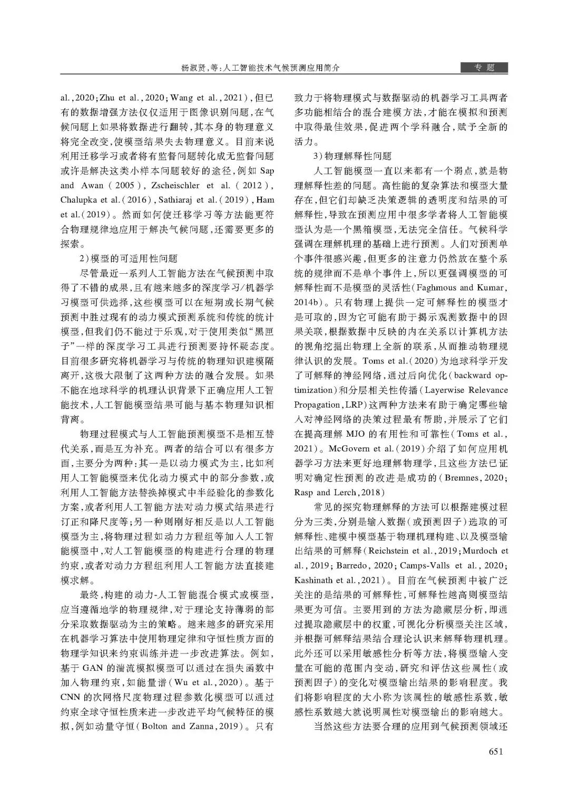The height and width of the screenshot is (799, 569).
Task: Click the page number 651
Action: [x=498, y=752]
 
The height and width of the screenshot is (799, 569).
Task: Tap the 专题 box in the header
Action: [x=484, y=68]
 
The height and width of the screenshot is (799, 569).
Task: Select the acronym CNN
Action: [x=70, y=697]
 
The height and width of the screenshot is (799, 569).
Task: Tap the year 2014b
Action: [x=307, y=302]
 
